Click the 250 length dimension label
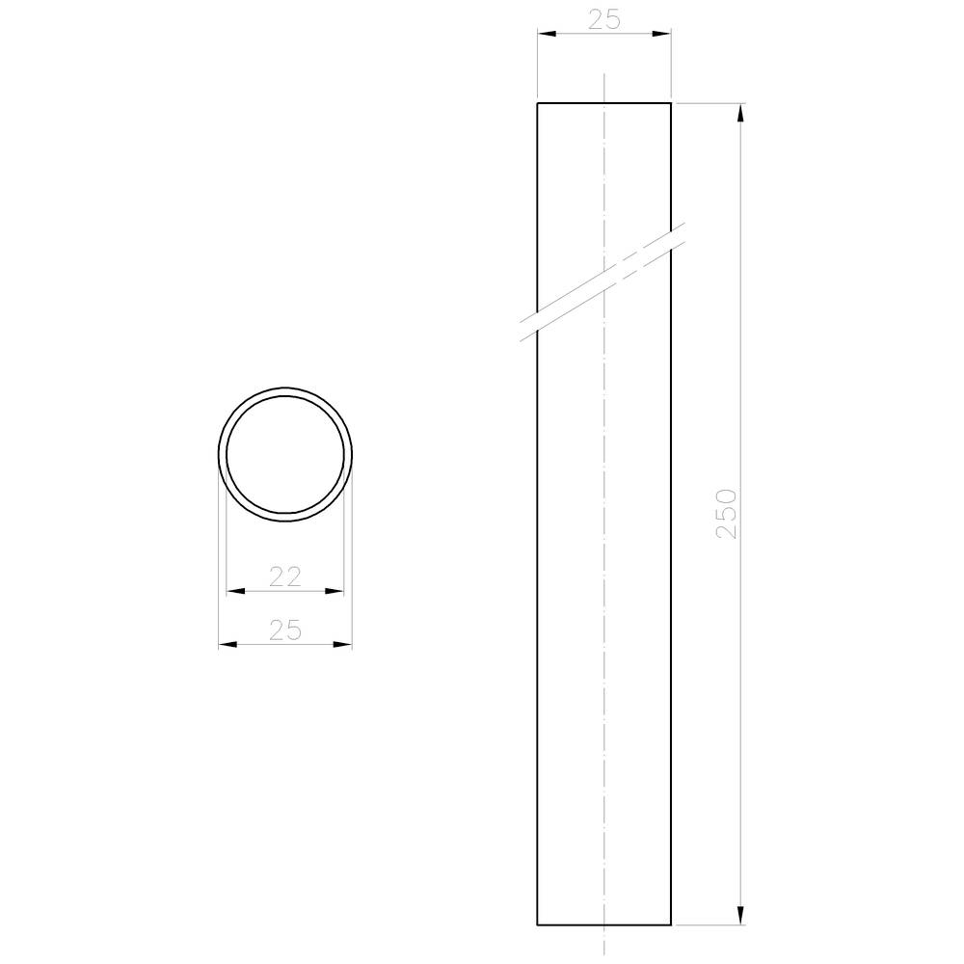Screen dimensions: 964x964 pos(726,513)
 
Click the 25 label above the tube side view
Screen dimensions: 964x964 pos(602,18)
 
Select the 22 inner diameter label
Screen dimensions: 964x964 pos(284,576)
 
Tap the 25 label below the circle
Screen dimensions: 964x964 pos(284,630)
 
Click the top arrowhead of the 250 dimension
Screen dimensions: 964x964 pos(739,112)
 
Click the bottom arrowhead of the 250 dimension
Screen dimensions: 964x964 pos(739,915)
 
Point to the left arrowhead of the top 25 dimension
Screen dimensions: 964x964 pos(547,34)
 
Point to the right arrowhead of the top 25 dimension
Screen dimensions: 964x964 pos(661,34)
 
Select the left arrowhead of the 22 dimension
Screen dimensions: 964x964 pos(235,591)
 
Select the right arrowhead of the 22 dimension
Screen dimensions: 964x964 pos(335,591)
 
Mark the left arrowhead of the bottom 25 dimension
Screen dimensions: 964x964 pos(228,644)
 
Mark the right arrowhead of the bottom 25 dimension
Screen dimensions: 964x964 pos(342,644)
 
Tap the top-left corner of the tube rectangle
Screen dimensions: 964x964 pos(537,102)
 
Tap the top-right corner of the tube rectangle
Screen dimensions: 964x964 pos(671,102)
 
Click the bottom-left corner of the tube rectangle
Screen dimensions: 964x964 pos(537,924)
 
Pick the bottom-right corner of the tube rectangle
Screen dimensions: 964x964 pos(671,924)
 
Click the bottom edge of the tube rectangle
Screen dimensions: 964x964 pos(603,924)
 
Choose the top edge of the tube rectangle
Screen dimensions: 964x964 pos(603,102)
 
